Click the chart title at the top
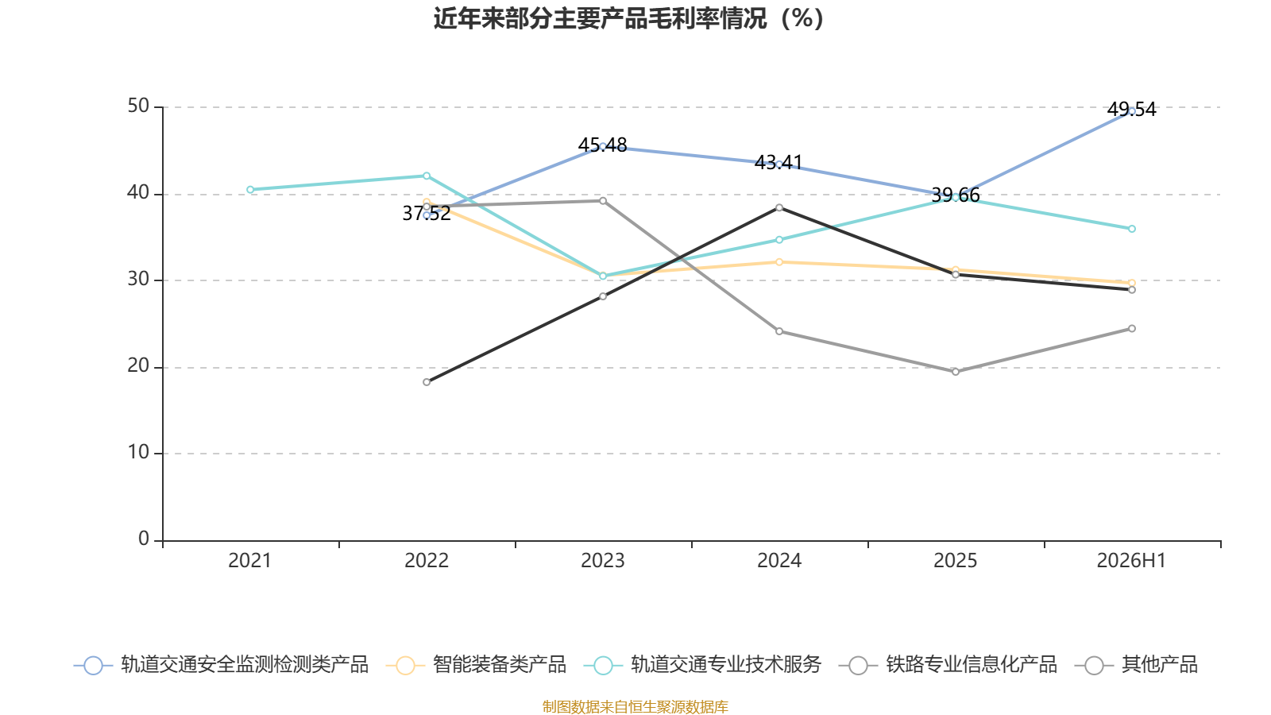pyautogui.click(x=628, y=19)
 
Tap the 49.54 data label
pyautogui.click(x=1131, y=109)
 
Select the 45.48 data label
pyautogui.click(x=603, y=145)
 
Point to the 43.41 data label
pyautogui.click(x=778, y=163)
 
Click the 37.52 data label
pyautogui.click(x=427, y=214)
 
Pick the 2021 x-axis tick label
pyautogui.click(x=249, y=561)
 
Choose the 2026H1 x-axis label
pyautogui.click(x=1131, y=561)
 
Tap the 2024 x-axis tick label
pyautogui.click(x=779, y=561)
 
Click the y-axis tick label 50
pyautogui.click(x=138, y=106)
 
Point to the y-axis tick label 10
pyautogui.click(x=138, y=452)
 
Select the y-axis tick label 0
pyautogui.click(x=144, y=539)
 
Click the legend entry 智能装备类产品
pyautogui.click(x=476, y=664)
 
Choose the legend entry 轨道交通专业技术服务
pyautogui.click(x=703, y=664)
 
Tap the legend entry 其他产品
pyautogui.click(x=1136, y=664)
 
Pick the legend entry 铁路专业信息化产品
pyautogui.click(x=948, y=664)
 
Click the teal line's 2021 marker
pyautogui.click(x=250, y=190)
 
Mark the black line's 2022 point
pyautogui.click(x=427, y=382)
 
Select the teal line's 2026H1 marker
pyautogui.click(x=1132, y=229)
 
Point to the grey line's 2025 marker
pyautogui.click(x=956, y=372)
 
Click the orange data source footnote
pyautogui.click(x=635, y=706)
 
